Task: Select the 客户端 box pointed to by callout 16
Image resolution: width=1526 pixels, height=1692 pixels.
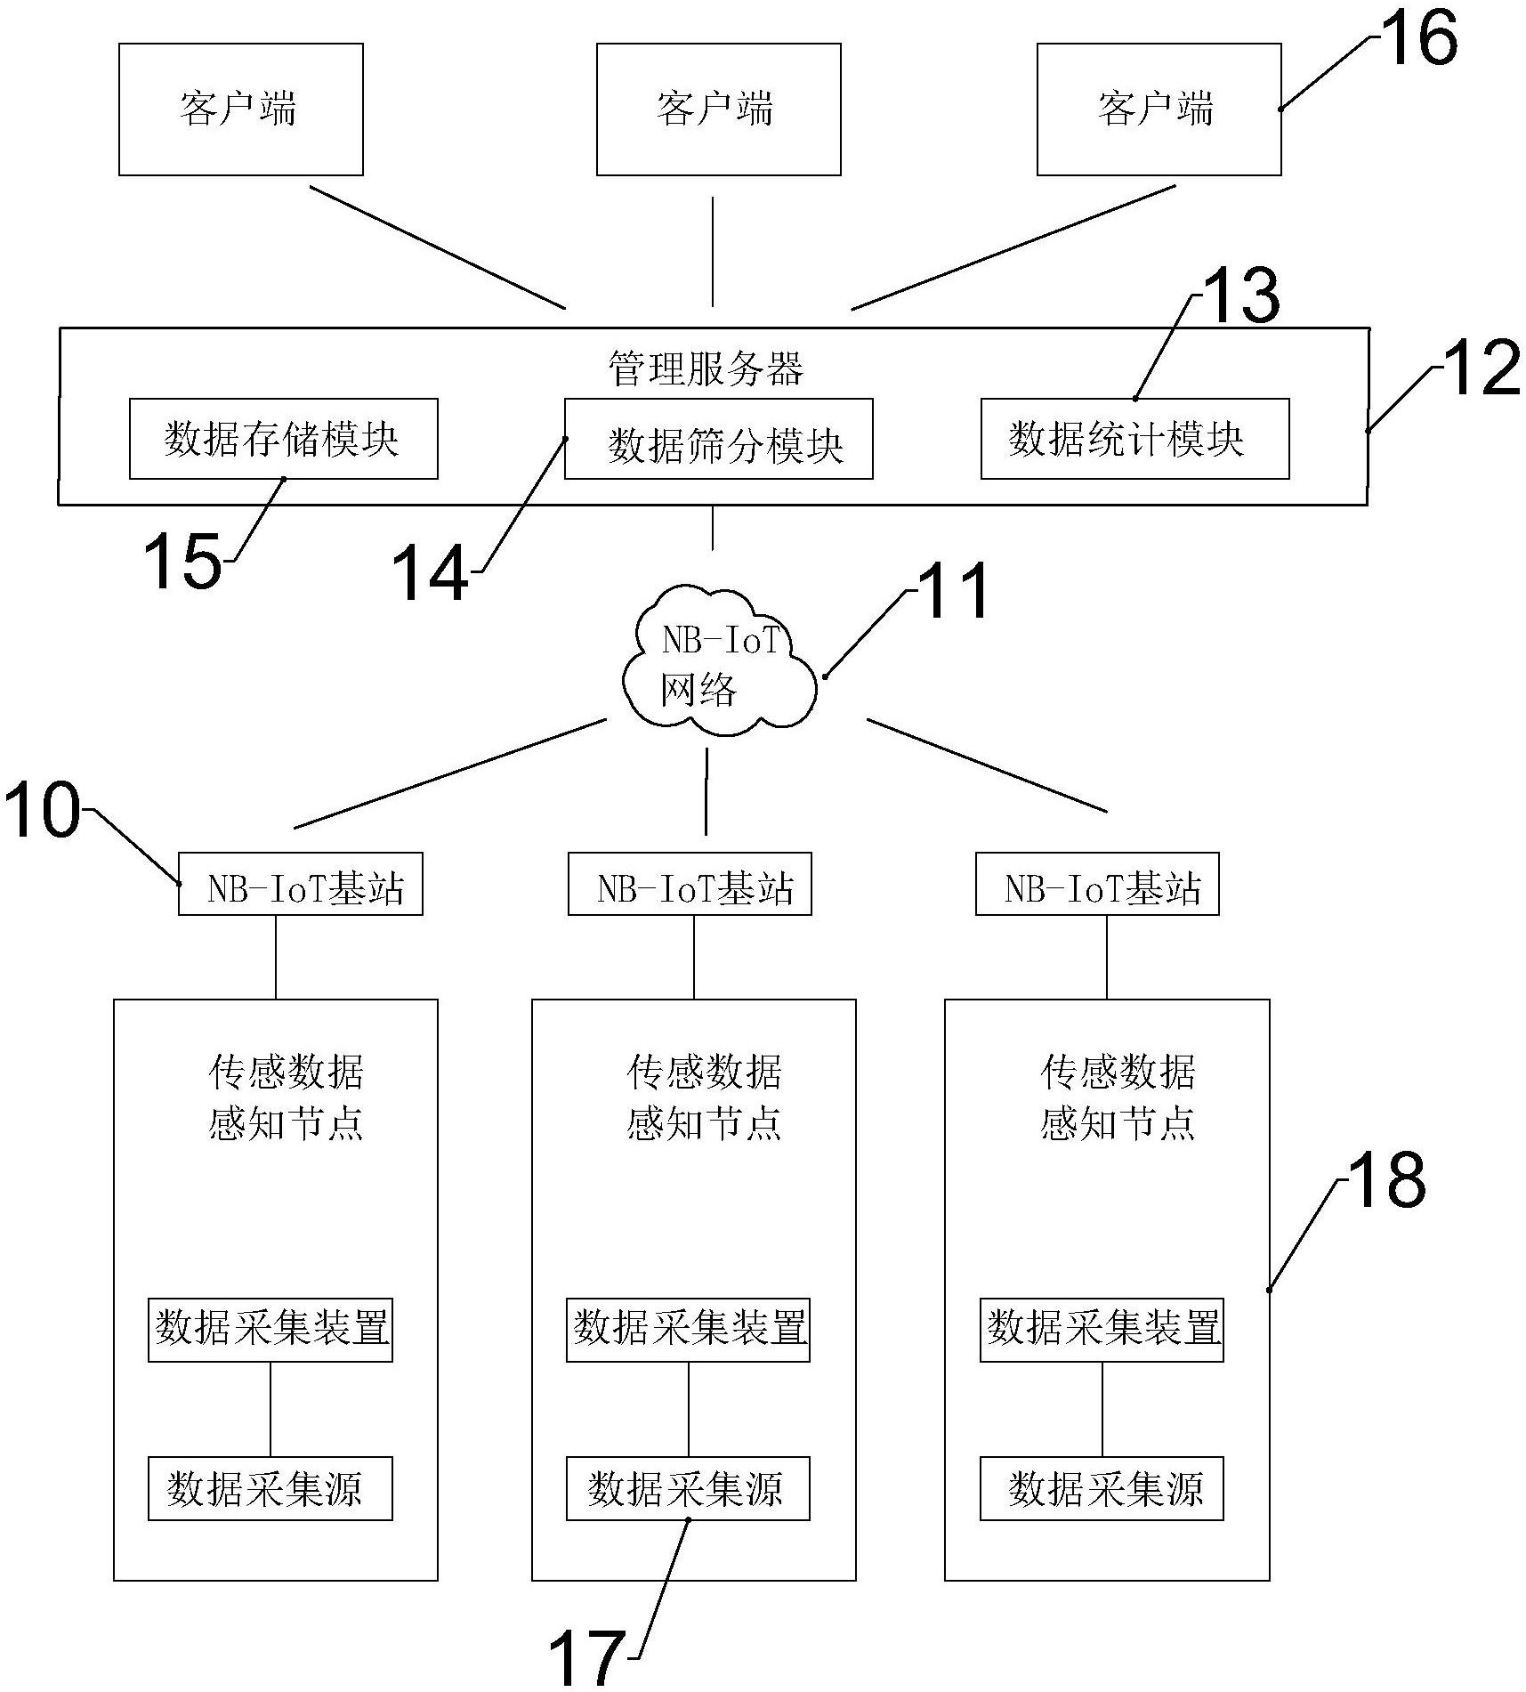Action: pos(1158,109)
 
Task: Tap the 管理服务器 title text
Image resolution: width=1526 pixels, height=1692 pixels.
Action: pos(705,368)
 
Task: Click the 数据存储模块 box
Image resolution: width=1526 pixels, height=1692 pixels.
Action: pos(283,439)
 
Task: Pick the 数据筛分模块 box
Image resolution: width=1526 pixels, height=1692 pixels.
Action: pos(718,440)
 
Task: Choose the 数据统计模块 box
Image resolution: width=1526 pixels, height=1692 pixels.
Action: pos(1134,439)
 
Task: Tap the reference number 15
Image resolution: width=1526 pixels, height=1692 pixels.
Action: pos(182,561)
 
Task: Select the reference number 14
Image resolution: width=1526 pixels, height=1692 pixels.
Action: pos(431,572)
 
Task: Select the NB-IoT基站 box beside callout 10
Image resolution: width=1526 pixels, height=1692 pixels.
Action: pos(300,884)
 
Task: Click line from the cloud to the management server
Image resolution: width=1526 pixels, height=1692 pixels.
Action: pos(712,528)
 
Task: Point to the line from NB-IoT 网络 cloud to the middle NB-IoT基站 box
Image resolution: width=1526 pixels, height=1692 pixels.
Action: pos(706,790)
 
